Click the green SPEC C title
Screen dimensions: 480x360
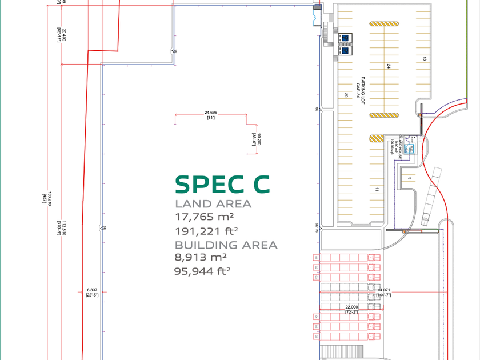tap(222, 184)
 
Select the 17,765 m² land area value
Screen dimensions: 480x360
tap(205, 217)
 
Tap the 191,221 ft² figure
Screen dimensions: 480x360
tap(207, 231)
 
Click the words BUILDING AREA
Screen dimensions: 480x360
tap(226, 245)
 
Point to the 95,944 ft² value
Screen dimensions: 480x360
tap(202, 271)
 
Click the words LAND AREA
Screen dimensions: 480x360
tap(213, 204)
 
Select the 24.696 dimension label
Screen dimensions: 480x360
tap(210, 113)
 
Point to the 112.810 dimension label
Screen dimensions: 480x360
tap(65, 228)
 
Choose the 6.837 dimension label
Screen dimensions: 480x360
tap(92, 290)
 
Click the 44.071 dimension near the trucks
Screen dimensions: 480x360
tap(384, 290)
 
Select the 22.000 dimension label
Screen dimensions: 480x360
tap(351, 307)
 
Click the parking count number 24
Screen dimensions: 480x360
tap(388, 66)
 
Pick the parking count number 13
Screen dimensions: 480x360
tap(425, 58)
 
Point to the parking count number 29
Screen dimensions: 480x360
tap(346, 95)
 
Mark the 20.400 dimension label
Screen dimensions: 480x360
tap(65, 34)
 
